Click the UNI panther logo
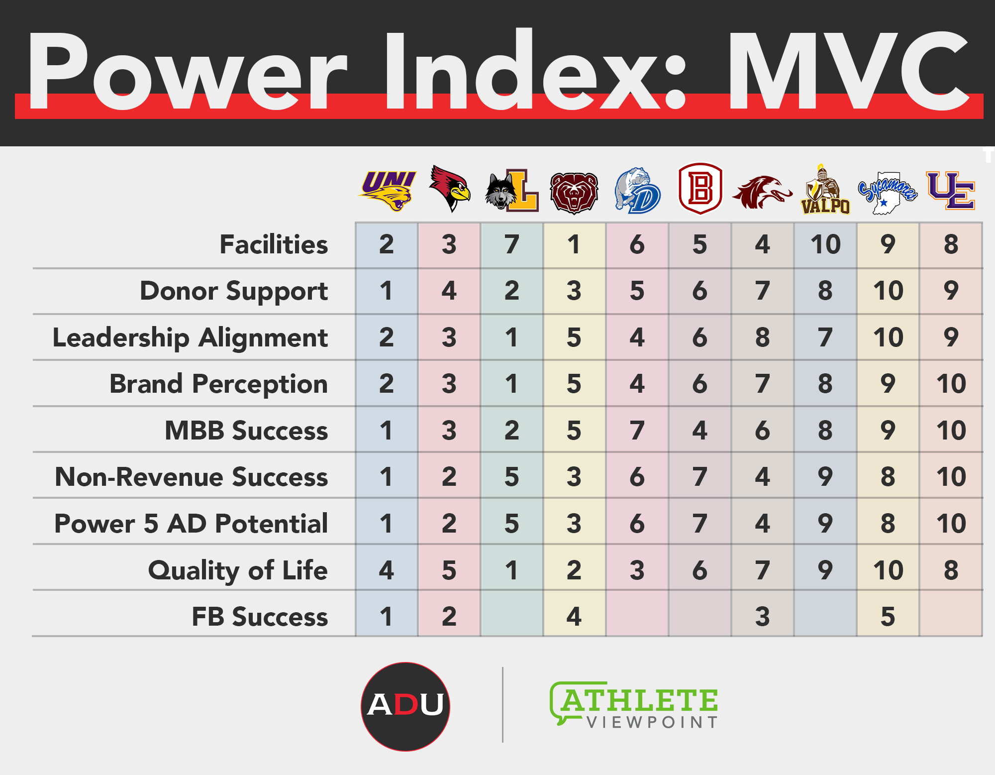tap(388, 191)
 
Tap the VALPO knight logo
tap(825, 190)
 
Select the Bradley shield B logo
tap(700, 189)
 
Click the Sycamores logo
tap(888, 193)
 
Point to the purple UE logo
tap(951, 191)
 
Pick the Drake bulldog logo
tap(637, 191)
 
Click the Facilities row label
tap(274, 244)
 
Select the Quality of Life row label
tap(238, 570)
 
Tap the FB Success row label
tap(260, 617)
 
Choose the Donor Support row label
tap(234, 291)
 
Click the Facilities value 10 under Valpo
tap(825, 244)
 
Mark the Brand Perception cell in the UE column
tap(951, 384)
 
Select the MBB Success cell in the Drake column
tap(637, 430)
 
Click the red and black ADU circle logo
tap(405, 706)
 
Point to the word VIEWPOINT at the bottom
tap(652, 722)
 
